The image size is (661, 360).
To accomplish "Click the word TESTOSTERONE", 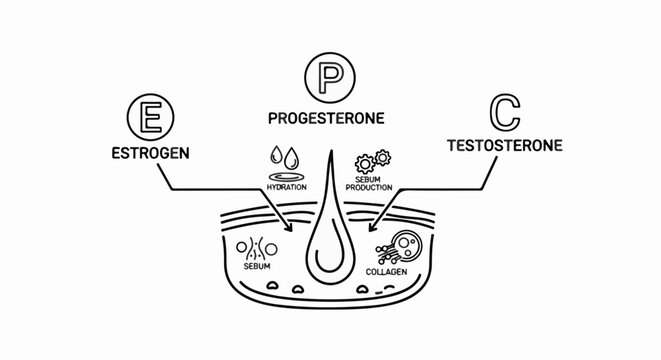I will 504,145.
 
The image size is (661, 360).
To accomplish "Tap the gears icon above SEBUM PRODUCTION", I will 371,162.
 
